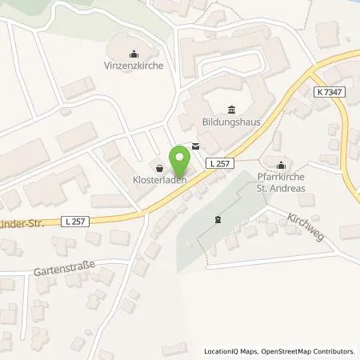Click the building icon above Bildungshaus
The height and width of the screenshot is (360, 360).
(231, 110)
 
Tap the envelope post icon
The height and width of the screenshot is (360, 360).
(196, 146)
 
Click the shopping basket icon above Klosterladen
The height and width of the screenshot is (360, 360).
(158, 168)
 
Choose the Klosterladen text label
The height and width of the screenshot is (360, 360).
(158, 181)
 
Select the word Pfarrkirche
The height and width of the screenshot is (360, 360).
(280, 178)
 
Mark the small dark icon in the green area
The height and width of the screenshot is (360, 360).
(217, 219)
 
